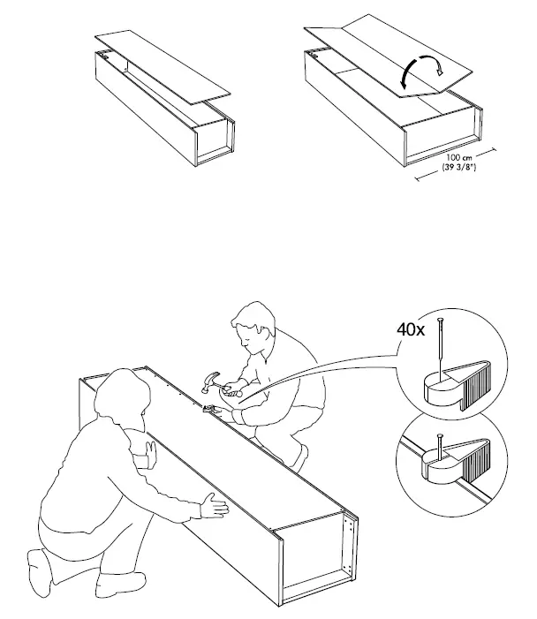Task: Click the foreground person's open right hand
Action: point(215,506)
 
